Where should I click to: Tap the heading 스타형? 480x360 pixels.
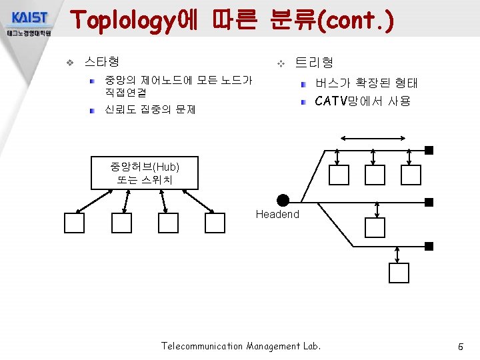click(x=102, y=62)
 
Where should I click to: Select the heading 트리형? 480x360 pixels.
click(x=314, y=62)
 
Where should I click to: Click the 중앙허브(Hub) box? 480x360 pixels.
click(x=145, y=172)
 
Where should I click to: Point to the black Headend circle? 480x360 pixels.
click(x=283, y=200)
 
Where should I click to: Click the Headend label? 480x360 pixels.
click(x=277, y=214)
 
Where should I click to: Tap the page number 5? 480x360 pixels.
click(x=460, y=347)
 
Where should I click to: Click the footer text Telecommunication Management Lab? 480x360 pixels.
click(x=241, y=346)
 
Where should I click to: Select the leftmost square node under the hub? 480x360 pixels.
click(x=75, y=223)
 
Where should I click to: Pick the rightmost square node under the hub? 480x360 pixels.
click(x=215, y=223)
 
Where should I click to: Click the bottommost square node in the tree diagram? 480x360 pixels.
click(x=399, y=273)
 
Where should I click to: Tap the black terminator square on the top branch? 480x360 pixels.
click(x=429, y=149)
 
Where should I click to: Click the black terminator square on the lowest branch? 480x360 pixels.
click(x=429, y=246)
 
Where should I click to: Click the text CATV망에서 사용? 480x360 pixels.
click(x=363, y=101)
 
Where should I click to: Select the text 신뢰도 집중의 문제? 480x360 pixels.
click(x=150, y=109)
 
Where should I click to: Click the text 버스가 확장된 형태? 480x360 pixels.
click(x=366, y=83)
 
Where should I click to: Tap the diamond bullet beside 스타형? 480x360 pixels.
click(x=69, y=63)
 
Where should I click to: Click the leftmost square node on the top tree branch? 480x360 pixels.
click(x=339, y=175)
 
